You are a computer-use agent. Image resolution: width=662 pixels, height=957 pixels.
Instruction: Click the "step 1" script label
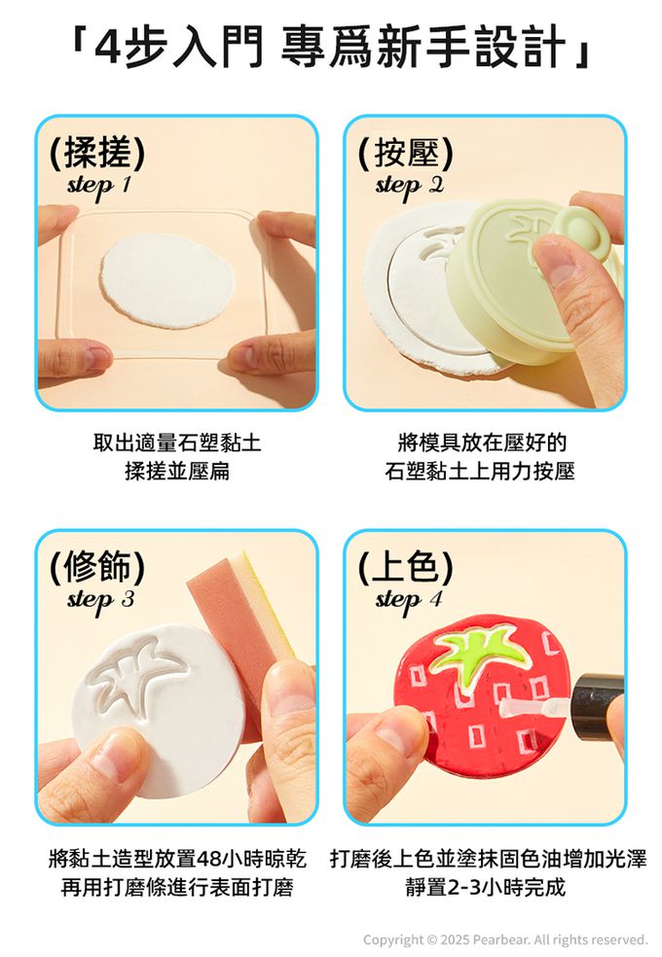point(99,186)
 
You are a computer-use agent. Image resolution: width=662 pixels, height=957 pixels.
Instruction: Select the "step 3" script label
point(100,600)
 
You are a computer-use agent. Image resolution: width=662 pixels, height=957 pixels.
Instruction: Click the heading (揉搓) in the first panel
point(97,152)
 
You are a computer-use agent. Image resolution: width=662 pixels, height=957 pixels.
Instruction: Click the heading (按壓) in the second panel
point(406,152)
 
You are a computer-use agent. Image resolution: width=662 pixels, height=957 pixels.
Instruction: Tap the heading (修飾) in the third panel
point(97,566)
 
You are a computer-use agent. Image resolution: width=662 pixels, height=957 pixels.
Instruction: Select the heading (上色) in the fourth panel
point(406,566)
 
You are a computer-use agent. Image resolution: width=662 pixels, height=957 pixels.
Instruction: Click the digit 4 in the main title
point(109,49)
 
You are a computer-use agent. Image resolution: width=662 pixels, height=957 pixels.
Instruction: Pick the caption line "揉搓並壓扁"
point(176,471)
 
